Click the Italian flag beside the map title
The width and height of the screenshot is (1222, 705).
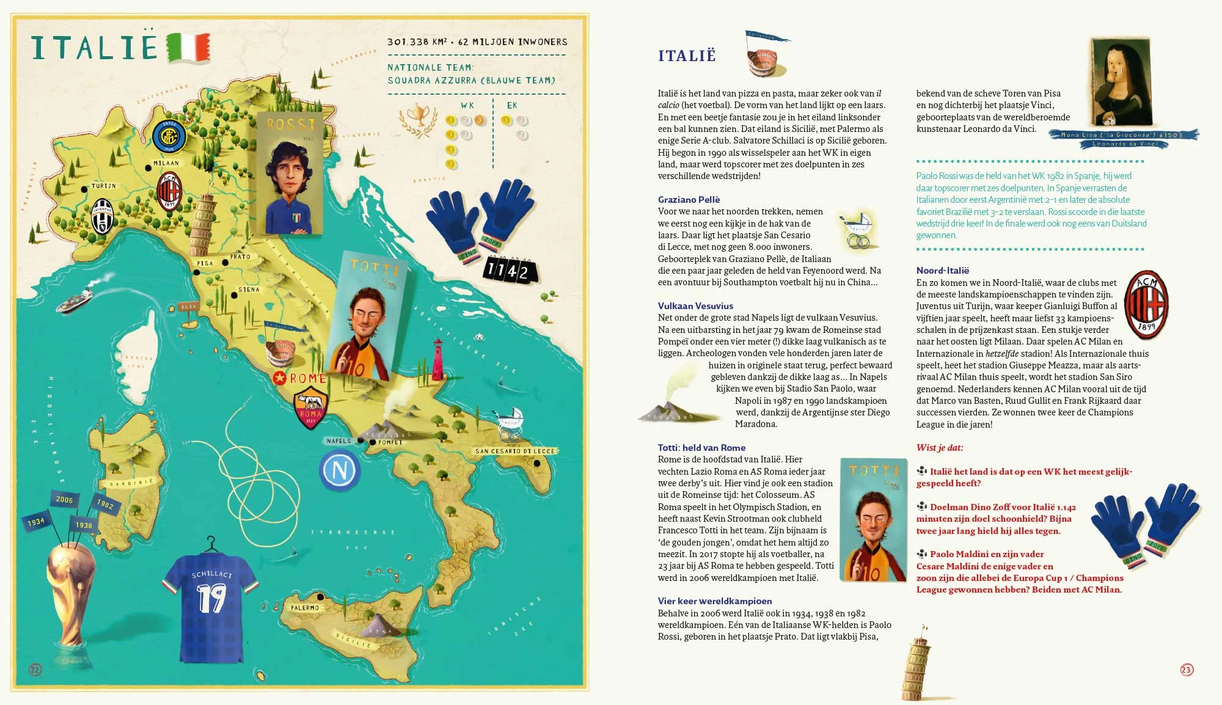coord(188,48)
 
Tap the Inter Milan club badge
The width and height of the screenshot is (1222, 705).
coord(169,136)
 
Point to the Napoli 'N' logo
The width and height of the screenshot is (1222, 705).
coord(340,470)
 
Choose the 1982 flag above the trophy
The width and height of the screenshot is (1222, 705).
coord(105,504)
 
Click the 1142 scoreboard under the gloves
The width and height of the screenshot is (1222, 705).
coord(509,270)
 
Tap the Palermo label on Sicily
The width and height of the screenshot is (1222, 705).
coord(305,608)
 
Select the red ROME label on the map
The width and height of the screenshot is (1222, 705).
coord(307,379)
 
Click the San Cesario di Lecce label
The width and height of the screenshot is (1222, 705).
coord(515,451)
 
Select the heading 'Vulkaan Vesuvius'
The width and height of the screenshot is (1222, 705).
coord(695,306)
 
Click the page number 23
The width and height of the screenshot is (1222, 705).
coord(1187,670)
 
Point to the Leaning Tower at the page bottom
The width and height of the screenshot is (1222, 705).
coord(915,663)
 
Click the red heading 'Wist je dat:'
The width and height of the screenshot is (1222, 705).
coord(940,448)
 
